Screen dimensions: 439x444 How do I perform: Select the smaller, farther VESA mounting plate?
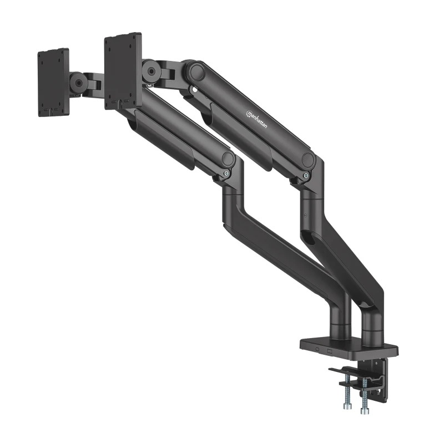53,82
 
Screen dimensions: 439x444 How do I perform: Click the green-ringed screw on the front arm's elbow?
226,173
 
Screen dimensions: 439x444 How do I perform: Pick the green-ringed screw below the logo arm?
306,176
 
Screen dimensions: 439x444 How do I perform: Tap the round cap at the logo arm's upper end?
195,72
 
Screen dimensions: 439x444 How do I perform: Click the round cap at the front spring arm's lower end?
228,159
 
